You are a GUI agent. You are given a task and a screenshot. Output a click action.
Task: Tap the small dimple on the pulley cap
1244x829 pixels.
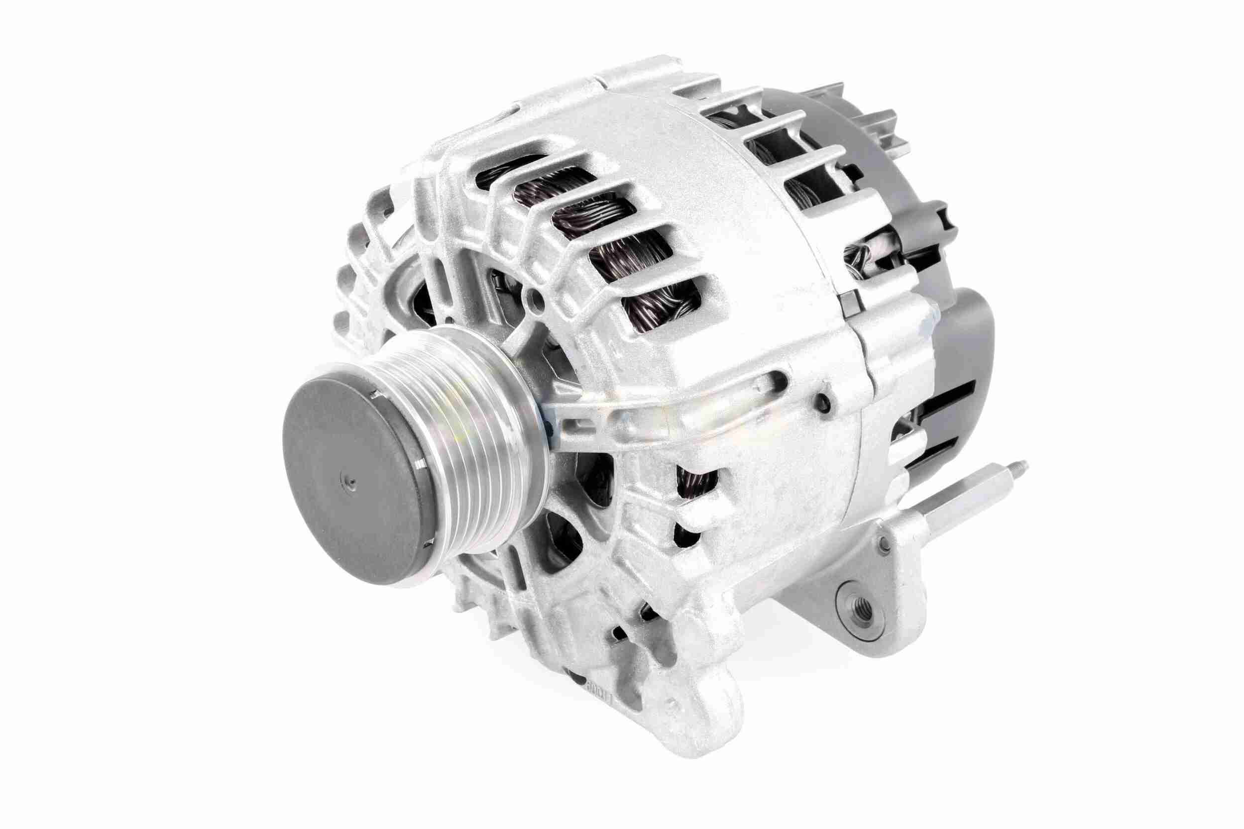pyautogui.click(x=349, y=481)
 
